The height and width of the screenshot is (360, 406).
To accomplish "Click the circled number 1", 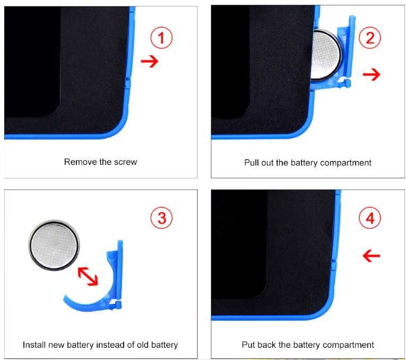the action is coord(161,38).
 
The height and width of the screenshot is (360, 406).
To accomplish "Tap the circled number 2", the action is coord(370,38).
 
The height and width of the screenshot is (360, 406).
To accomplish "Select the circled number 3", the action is coord(161,218).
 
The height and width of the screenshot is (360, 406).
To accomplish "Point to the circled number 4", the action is coord(370,218).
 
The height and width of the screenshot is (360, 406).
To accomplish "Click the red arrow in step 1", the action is coord(150,62).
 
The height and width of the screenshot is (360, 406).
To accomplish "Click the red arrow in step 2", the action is coord(372,74).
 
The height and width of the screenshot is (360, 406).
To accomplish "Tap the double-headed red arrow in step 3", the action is coord(88,276).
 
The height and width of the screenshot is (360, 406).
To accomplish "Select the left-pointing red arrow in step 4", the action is coord(372,256).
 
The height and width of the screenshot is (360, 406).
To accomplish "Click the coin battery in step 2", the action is coord(325,55).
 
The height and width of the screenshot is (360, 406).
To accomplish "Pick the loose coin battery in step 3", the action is coord(54,245).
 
